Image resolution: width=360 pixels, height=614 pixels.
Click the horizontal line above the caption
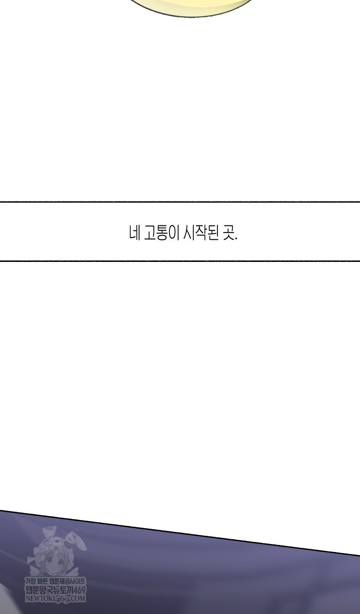(x=180, y=202)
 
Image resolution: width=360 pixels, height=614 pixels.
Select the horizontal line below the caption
(x=180, y=261)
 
